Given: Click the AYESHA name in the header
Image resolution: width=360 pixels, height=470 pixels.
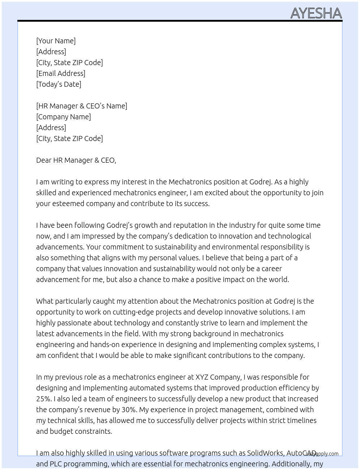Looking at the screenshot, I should (316, 13).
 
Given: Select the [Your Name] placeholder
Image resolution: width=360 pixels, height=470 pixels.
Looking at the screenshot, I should (56, 41).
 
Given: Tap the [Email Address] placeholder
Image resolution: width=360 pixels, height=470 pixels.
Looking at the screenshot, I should (61, 73).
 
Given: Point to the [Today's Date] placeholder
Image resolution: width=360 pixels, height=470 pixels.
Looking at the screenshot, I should (59, 84).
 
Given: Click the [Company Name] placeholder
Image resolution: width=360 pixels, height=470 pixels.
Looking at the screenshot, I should (63, 117).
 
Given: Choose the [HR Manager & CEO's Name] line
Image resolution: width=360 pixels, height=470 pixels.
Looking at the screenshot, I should (81, 106).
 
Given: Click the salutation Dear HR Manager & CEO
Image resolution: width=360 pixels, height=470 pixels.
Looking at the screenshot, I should (76, 160).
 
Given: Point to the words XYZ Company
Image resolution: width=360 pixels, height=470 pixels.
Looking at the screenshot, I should (218, 377).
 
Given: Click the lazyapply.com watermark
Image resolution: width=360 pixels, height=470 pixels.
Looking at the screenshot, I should (322, 454).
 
